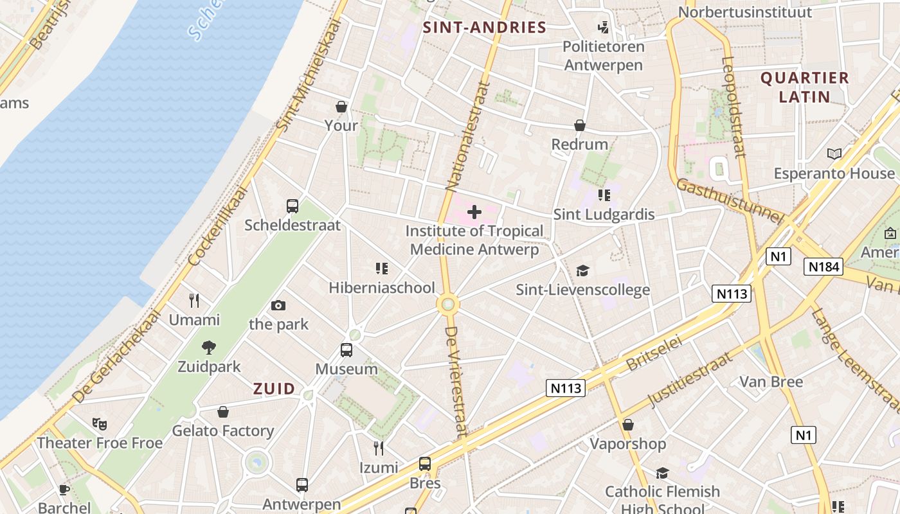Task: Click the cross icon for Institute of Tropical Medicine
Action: [x=474, y=212]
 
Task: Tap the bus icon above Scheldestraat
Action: [x=292, y=206]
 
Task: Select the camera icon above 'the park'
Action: [x=278, y=305]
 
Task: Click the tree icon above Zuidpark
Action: [x=209, y=348]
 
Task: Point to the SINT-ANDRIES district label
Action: [x=485, y=28]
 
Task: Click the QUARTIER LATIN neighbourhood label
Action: [x=804, y=87]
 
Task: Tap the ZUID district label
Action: [x=274, y=389]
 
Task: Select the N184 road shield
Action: [x=823, y=267]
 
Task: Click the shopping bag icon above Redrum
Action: [x=580, y=125]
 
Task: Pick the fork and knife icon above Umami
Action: [x=194, y=300]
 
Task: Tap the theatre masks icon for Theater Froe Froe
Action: [x=99, y=423]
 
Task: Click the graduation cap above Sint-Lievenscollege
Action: [x=582, y=270]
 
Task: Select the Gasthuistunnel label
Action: [x=729, y=202]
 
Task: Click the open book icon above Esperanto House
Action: [x=834, y=154]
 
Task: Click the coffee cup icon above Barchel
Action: [x=64, y=490]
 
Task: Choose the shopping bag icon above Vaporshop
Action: [x=628, y=425]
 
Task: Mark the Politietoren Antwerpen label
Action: [x=603, y=56]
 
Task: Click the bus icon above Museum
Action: [x=346, y=350]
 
